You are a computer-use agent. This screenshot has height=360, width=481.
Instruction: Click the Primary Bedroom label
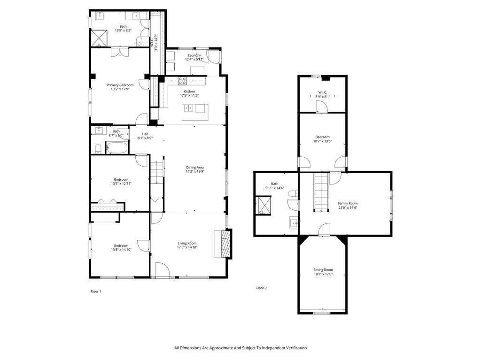pos(120,85)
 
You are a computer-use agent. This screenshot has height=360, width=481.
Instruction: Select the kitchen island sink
pos(188,108)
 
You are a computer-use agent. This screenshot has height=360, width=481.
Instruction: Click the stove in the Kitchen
pos(181,80)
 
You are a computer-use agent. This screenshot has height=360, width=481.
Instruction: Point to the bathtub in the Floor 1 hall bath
pos(117,149)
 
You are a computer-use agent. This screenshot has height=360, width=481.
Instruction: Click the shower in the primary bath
pos(99,38)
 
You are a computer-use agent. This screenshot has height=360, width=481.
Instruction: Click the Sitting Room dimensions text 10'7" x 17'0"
pos(323,275)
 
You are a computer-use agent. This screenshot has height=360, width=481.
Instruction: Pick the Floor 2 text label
pos(261,288)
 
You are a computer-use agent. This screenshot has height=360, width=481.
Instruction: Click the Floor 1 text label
pos(96,291)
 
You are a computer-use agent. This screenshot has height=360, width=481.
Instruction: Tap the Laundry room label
pos(194,55)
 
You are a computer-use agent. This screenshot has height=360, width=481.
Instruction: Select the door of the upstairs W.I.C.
pos(321,107)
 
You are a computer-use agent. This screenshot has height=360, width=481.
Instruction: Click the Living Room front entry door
pos(163,270)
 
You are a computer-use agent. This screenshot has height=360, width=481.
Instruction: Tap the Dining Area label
pos(194,167)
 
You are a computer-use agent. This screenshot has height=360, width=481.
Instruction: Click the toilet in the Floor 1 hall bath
pos(98,149)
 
